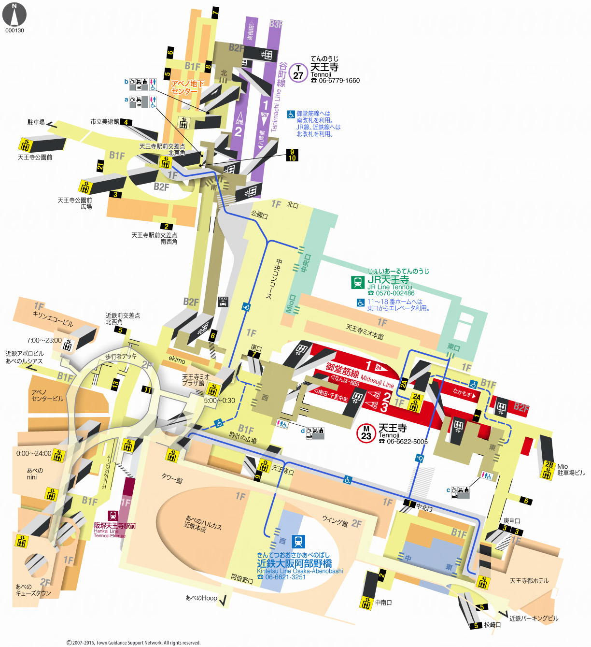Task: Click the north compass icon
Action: [14, 15]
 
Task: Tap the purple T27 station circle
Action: [298, 73]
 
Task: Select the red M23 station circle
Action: [366, 433]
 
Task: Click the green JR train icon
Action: [358, 282]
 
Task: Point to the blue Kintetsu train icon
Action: [298, 542]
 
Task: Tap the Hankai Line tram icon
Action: [113, 516]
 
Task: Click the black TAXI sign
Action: [223, 302]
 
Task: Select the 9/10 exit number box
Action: [292, 155]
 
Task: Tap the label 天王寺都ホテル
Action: [529, 581]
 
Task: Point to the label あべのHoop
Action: [201, 598]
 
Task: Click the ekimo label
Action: [177, 359]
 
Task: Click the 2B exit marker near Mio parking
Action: [549, 465]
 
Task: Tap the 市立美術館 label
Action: [104, 122]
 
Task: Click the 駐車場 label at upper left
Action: [36, 122]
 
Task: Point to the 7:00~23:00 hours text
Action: [44, 340]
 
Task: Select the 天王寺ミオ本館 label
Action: [365, 332]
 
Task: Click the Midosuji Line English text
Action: [377, 381]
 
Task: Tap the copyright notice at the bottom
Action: [133, 643]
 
